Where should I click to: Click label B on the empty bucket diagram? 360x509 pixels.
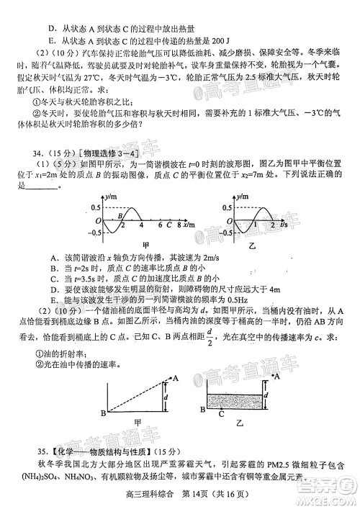[103, 413]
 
